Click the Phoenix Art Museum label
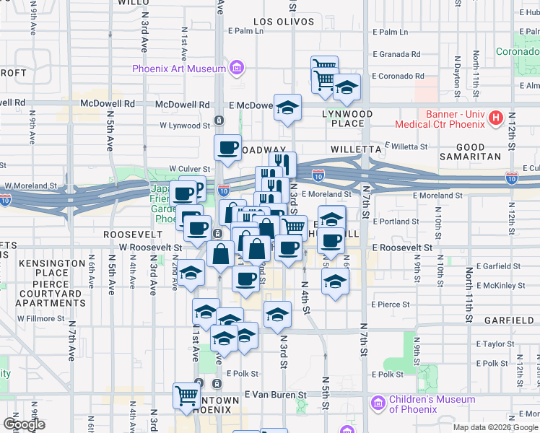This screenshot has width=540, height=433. point(178,69)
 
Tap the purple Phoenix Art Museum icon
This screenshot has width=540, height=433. point(235,69)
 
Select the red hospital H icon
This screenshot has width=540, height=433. point(496,118)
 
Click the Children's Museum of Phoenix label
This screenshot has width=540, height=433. point(432,404)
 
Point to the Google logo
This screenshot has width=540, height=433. point(25,424)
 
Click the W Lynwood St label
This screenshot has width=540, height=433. point(185,126)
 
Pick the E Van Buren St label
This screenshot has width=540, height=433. point(276,395)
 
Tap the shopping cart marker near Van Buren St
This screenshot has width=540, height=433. point(186,395)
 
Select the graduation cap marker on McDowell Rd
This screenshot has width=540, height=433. point(287,108)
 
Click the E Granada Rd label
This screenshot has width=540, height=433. point(396,54)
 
